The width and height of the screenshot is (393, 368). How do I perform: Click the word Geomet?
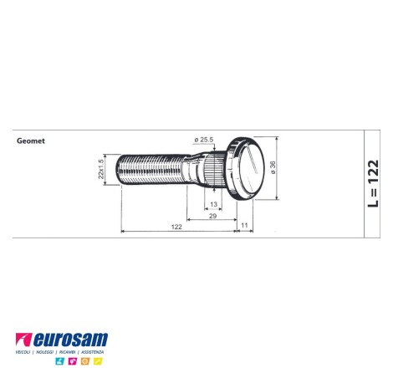tap(31, 141)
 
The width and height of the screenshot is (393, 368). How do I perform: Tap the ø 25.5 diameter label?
tap(204, 140)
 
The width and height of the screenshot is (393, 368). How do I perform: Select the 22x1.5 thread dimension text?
tap(101, 169)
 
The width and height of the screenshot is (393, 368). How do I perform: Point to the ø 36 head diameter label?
tap(273, 167)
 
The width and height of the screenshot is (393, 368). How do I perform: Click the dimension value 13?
tap(213, 204)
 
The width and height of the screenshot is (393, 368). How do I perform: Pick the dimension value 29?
tap(212, 216)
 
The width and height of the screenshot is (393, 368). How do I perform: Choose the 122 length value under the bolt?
tap(176, 227)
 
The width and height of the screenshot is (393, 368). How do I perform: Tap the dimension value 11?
tap(244, 225)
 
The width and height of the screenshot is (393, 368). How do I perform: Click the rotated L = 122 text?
tap(373, 183)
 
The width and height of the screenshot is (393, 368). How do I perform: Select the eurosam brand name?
tap(70, 340)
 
